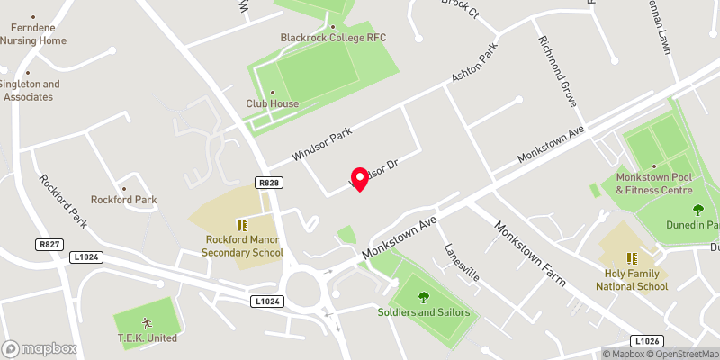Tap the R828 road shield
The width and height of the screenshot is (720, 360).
click(x=265, y=182)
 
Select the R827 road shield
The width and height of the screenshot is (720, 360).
click(x=49, y=244)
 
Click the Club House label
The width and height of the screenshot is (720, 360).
click(x=273, y=103)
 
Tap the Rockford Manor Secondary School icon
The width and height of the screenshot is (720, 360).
click(x=241, y=224)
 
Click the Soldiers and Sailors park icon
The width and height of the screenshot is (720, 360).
click(x=423, y=296)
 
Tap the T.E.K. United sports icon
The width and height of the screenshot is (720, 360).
click(x=145, y=322)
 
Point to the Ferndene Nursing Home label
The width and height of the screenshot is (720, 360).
click(x=33, y=34)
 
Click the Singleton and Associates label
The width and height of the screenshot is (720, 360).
click(x=29, y=90)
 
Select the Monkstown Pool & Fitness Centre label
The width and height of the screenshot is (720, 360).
click(x=654, y=184)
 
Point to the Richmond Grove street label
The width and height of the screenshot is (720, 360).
click(x=556, y=71)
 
